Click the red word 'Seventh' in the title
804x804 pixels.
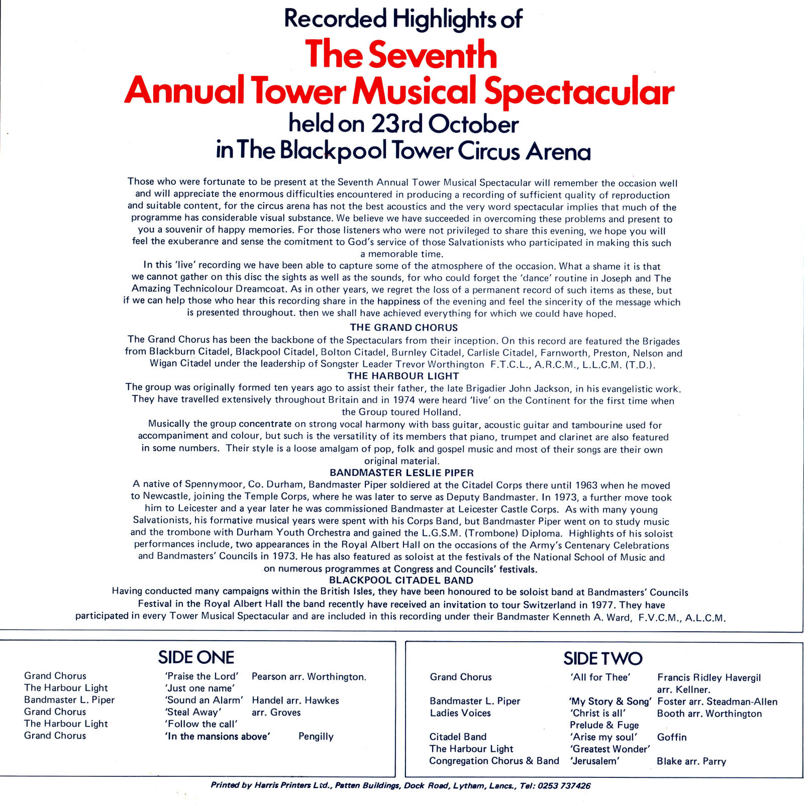click(433, 55)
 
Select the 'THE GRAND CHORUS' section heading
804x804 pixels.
click(404, 328)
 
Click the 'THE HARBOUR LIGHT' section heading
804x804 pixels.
click(403, 376)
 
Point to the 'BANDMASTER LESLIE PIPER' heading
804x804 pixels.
click(401, 473)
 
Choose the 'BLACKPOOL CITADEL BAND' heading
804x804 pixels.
click(401, 580)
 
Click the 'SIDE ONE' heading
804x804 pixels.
click(196, 657)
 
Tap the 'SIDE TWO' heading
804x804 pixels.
click(602, 658)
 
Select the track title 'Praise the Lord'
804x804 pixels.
click(202, 676)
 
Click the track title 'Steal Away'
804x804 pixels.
click(193, 712)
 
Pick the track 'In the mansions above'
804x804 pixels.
click(218, 736)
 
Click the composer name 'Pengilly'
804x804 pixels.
click(316, 736)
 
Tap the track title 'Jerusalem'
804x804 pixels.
click(595, 761)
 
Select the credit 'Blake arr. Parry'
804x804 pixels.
click(691, 761)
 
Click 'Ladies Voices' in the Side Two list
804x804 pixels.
click(460, 713)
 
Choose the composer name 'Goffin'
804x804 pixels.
click(671, 737)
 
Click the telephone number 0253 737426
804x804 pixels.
click(564, 785)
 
